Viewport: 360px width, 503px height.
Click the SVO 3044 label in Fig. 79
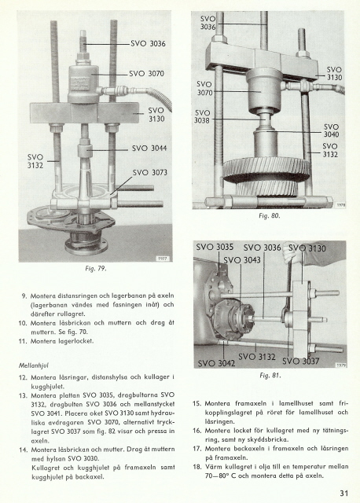click(x=149, y=149)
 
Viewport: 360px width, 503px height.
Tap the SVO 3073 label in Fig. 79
click(x=150, y=173)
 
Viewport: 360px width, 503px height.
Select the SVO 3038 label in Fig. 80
click(x=202, y=116)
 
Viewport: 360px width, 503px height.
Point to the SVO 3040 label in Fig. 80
click(x=331, y=130)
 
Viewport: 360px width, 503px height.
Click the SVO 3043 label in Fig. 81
click(x=242, y=260)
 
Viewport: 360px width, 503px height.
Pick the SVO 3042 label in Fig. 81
click(x=217, y=363)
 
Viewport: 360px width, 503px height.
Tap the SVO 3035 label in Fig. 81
click(x=215, y=247)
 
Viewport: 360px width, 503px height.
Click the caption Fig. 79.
click(x=96, y=269)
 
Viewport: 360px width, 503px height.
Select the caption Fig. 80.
click(x=270, y=216)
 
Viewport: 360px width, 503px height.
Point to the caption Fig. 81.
click(x=270, y=376)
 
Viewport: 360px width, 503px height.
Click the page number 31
click(x=344, y=493)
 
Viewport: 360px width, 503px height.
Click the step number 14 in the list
click(x=24, y=450)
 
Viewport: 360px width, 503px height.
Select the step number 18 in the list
click(x=197, y=466)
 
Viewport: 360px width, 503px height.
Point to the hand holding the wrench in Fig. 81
click(x=291, y=255)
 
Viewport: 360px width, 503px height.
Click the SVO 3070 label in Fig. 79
click(x=147, y=74)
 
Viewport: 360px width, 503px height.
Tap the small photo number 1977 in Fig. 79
click(x=163, y=259)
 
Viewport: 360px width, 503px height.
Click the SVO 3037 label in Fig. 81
click(x=301, y=362)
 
